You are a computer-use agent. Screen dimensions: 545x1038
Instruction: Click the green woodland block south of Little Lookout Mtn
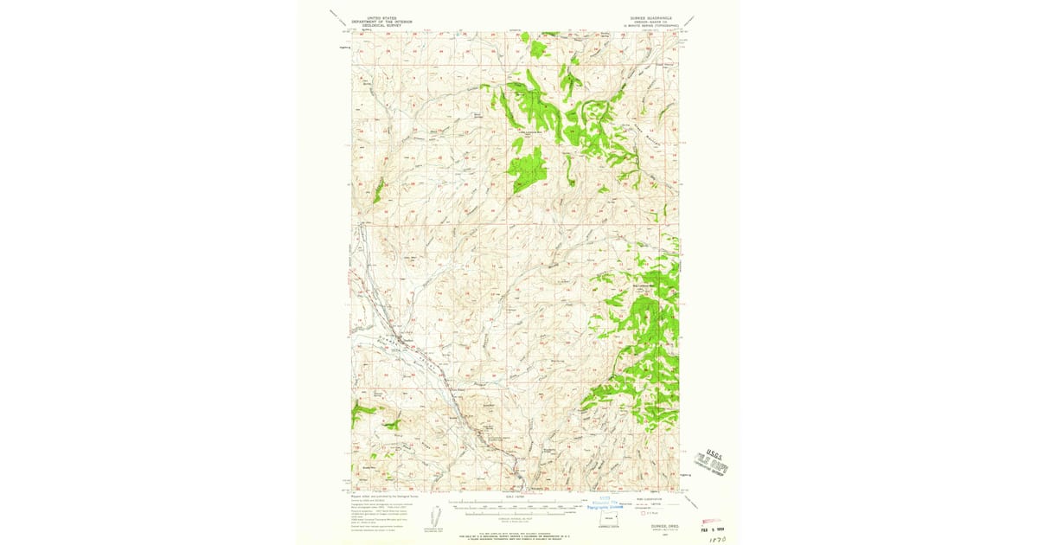528,168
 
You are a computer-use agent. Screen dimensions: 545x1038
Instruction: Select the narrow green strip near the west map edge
378,190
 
